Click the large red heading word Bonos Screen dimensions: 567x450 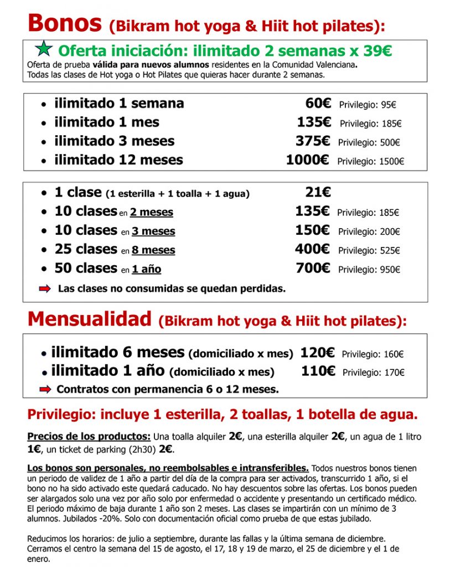pyautogui.click(x=65, y=23)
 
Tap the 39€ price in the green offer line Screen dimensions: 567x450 pyautogui.click(x=377, y=51)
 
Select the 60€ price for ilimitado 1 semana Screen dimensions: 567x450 pyautogui.click(x=318, y=104)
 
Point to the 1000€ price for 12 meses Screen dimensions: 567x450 pyautogui.click(x=308, y=161)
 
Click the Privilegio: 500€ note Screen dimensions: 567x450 pyautogui.click(x=369, y=142)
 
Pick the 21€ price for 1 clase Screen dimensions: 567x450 pyautogui.click(x=318, y=192)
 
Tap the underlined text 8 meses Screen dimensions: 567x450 pyautogui.click(x=153, y=250)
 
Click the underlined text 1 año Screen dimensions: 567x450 pyautogui.click(x=147, y=270)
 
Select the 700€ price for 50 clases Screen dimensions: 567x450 pyautogui.click(x=313, y=269)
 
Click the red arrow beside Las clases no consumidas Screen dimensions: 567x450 pyautogui.click(x=45, y=288)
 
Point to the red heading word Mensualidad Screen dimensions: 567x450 pyautogui.click(x=89, y=319)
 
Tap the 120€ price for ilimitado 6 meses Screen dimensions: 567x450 pyautogui.click(x=318, y=353)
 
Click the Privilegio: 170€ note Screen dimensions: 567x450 pyautogui.click(x=373, y=373)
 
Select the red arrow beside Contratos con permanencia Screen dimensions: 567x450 pyautogui.click(x=45, y=390)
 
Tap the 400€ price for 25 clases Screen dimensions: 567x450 pyautogui.click(x=313, y=250)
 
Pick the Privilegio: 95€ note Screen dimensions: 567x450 pyautogui.click(x=368, y=105)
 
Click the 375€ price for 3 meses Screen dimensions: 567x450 pyautogui.click(x=313, y=141)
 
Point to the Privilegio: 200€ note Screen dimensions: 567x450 pyautogui.click(x=369, y=231)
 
